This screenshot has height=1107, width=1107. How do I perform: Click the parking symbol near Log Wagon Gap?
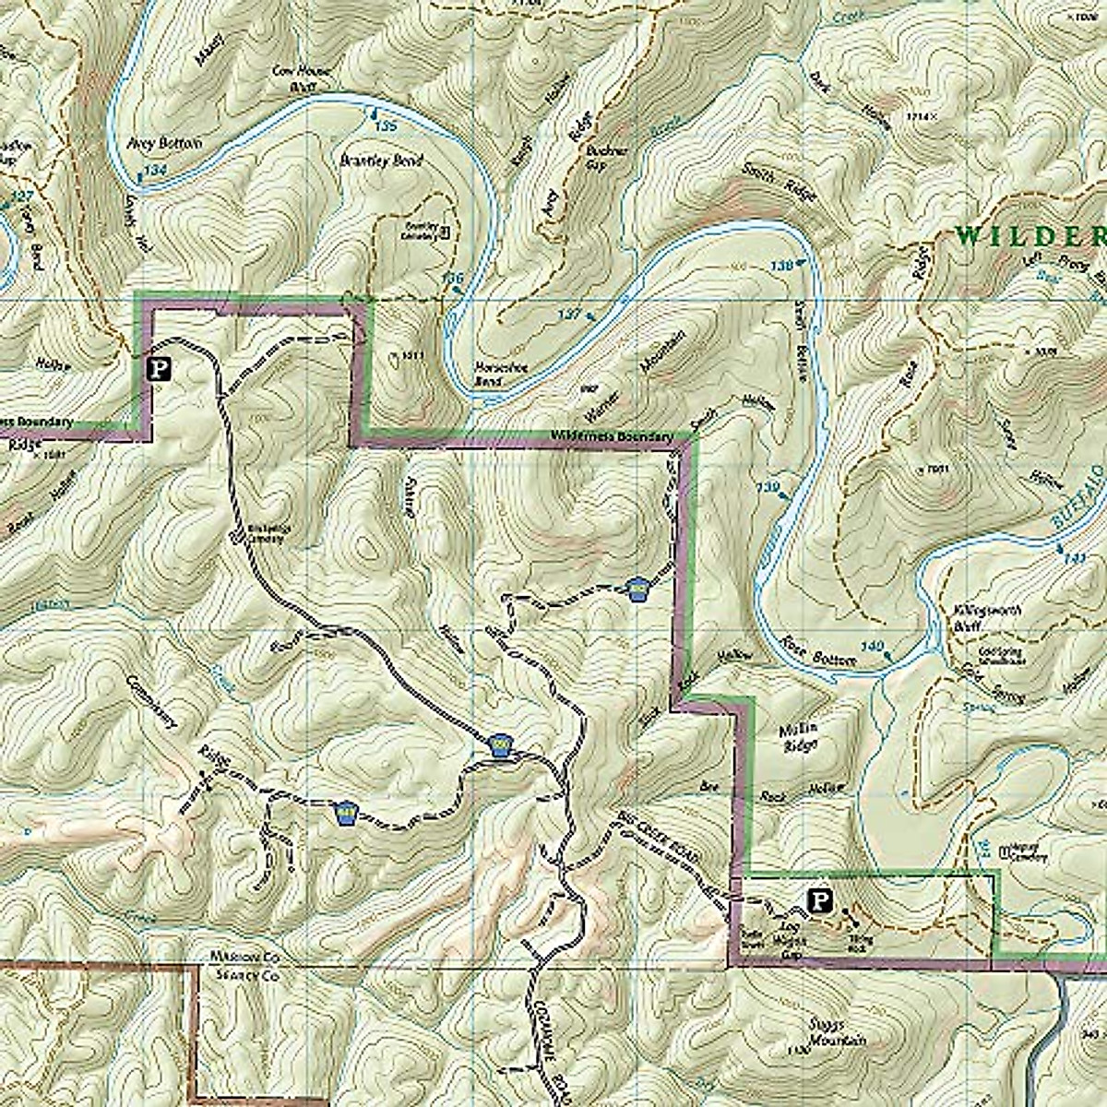[817, 899]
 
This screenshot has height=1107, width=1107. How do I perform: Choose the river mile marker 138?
[781, 266]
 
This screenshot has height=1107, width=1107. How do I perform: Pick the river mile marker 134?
[156, 171]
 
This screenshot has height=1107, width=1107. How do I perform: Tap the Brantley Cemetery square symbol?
[446, 232]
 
